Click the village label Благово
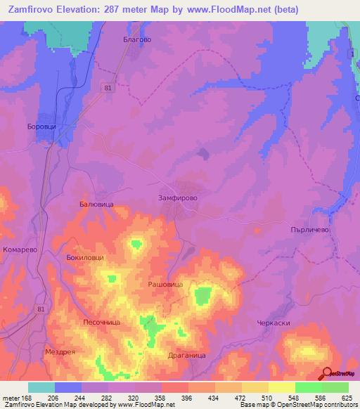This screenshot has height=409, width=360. click(137, 40)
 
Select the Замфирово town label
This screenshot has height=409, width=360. click(178, 199)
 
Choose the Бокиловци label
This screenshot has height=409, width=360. click(85, 258)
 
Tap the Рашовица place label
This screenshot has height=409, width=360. click(165, 284)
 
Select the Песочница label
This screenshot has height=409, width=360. click(102, 321)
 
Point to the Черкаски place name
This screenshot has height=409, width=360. click(274, 323)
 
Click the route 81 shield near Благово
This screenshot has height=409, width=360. click(107, 88)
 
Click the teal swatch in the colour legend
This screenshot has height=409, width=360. click(41, 387)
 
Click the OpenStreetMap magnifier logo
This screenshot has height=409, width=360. click(327, 374)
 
